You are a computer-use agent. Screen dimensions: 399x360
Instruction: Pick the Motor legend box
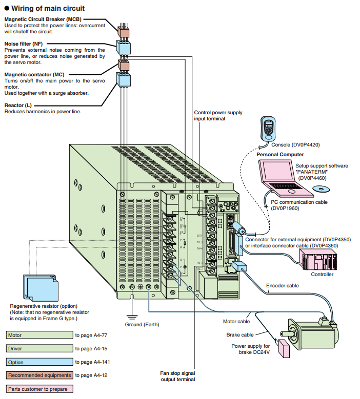click(39, 335)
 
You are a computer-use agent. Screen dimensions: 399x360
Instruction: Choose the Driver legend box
click(39, 348)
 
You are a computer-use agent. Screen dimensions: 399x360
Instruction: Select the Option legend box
click(39, 362)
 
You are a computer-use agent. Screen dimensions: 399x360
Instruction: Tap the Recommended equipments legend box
click(39, 375)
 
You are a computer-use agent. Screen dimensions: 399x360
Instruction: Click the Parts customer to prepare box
click(39, 389)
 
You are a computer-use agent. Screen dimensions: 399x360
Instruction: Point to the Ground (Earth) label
click(142, 325)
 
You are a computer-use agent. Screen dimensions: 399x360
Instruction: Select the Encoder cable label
click(282, 285)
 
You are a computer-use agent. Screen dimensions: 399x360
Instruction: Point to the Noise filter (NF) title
click(24, 44)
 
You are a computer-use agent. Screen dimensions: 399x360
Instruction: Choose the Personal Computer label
click(279, 154)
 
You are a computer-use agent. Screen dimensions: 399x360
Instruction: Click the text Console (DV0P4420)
click(299, 144)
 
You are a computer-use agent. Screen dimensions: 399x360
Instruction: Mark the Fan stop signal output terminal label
click(177, 376)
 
